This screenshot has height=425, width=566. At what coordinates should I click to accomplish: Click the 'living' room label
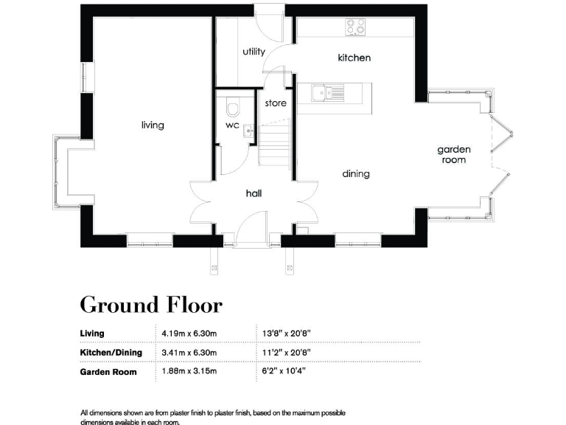[153, 125]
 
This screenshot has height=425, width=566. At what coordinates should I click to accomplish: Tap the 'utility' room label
[254, 52]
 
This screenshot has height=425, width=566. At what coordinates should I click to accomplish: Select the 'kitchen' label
[354, 58]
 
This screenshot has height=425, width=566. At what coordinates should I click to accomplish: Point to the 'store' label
[276, 103]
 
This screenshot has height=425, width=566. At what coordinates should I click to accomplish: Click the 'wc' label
[232, 125]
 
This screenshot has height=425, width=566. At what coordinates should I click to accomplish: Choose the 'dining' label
[356, 174]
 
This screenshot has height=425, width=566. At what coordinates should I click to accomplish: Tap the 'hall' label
[254, 193]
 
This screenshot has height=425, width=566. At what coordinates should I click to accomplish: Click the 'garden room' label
[455, 154]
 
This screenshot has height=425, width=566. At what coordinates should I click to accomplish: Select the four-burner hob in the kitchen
[356, 27]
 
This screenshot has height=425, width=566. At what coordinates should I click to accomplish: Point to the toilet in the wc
[233, 108]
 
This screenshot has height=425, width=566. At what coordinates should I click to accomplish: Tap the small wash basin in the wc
[249, 131]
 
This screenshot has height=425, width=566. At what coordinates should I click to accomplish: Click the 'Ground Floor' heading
[150, 304]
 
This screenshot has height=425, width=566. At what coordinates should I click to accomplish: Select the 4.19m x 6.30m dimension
[189, 334]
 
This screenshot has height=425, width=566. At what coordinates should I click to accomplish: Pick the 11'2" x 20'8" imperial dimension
[287, 353]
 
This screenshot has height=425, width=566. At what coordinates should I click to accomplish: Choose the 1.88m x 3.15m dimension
[189, 371]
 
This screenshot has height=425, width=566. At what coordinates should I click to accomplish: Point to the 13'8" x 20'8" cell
[287, 334]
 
